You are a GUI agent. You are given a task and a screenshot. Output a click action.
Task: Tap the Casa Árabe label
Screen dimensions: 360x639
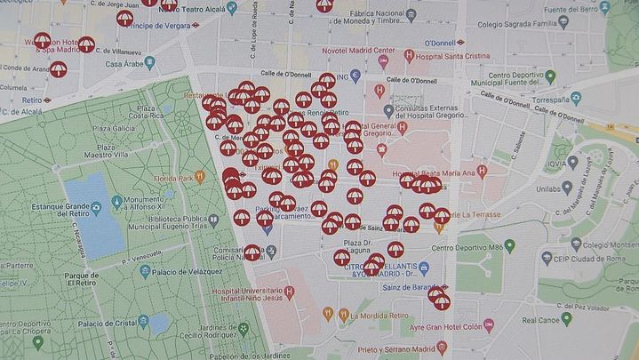(125, 64)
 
